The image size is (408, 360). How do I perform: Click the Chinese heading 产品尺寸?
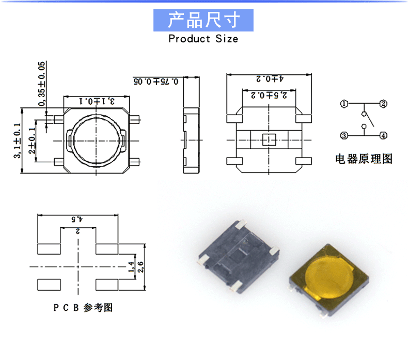tap(203, 20)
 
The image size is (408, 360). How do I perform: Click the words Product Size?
tap(203, 39)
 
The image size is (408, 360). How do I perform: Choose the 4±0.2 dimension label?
tap(270, 79)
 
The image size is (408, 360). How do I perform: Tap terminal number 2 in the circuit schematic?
tap(383, 104)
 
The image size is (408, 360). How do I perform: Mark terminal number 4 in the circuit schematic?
tap(383, 136)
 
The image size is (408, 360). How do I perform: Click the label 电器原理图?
tap(364, 159)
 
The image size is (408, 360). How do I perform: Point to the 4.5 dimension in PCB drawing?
tap(77, 218)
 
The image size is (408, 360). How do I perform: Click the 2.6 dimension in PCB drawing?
tap(141, 267)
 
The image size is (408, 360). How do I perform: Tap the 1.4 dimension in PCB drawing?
tap(131, 267)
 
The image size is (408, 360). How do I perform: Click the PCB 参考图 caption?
tap(83, 308)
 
